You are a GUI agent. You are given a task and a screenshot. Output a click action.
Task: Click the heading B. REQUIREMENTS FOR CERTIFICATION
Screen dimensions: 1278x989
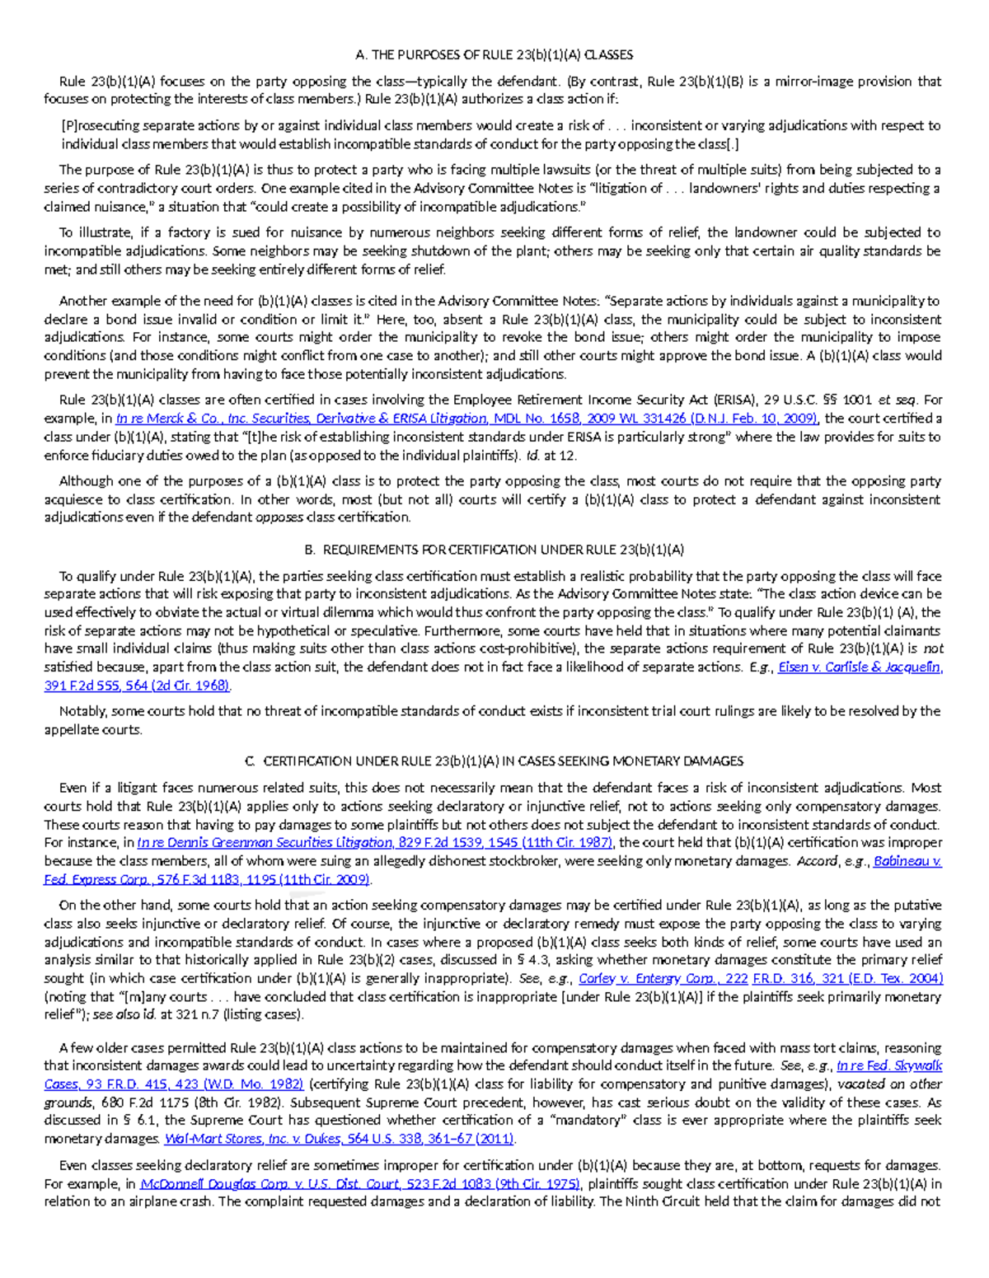tap(494, 550)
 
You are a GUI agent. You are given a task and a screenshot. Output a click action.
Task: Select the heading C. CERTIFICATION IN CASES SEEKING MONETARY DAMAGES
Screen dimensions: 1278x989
tap(494, 761)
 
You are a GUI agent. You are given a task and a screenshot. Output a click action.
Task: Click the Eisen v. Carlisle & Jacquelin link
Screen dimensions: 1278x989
tap(860, 667)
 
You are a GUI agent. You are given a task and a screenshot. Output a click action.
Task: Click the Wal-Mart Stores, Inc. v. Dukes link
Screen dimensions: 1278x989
tap(340, 1139)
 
